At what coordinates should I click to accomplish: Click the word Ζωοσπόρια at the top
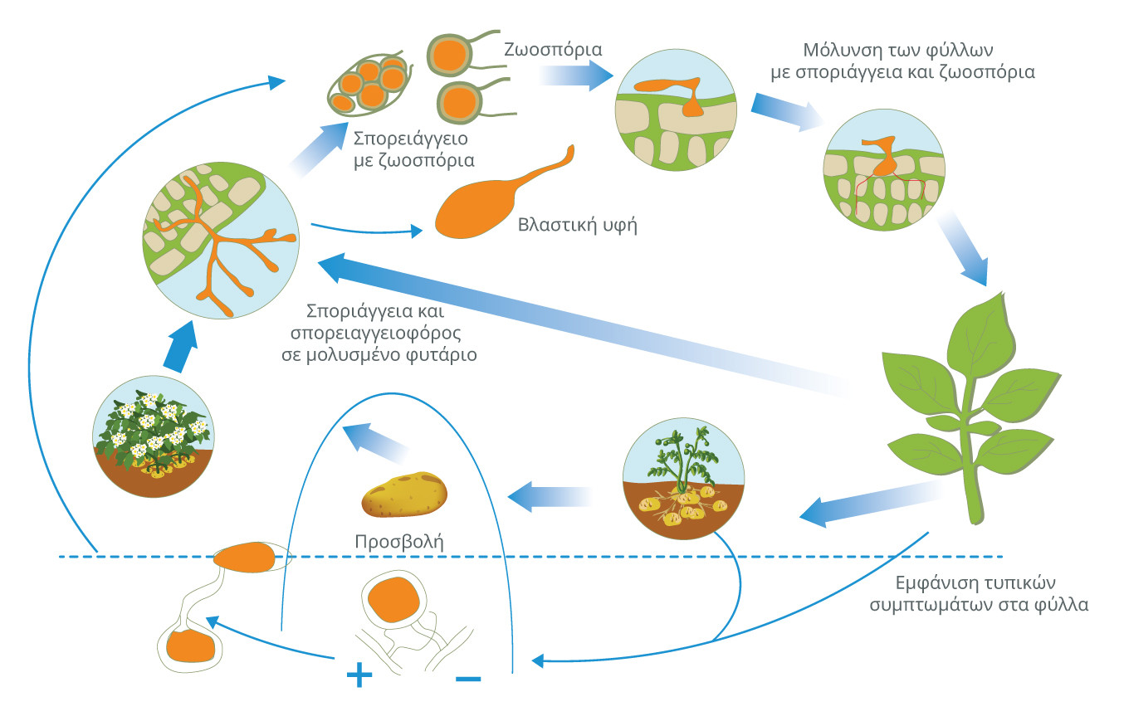click(553, 49)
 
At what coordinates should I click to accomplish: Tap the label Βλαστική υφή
click(577, 225)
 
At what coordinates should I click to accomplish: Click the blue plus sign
click(359, 676)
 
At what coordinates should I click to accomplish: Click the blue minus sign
click(468, 680)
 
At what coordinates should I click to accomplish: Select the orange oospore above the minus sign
click(393, 600)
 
